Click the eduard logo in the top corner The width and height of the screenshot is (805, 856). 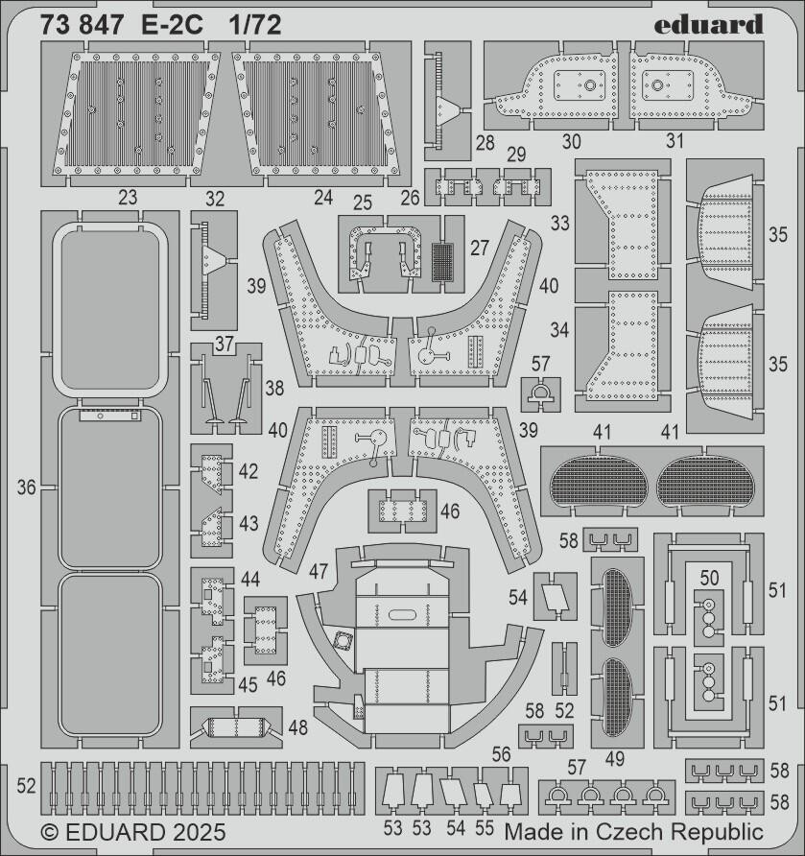pyautogui.click(x=710, y=23)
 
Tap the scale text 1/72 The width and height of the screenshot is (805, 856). pyautogui.click(x=255, y=26)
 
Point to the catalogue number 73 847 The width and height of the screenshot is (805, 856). pyautogui.click(x=82, y=26)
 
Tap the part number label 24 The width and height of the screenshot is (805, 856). pyautogui.click(x=323, y=199)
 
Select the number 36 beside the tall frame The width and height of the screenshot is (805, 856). pyautogui.click(x=26, y=487)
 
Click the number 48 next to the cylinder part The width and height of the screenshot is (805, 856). pyautogui.click(x=298, y=727)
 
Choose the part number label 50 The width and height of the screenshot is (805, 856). pyautogui.click(x=710, y=577)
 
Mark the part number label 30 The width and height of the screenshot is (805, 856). pyautogui.click(x=572, y=141)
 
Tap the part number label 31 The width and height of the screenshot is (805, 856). pyautogui.click(x=675, y=141)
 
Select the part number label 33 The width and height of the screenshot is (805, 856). pyautogui.click(x=560, y=224)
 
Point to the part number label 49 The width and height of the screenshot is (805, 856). pyautogui.click(x=614, y=758)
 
